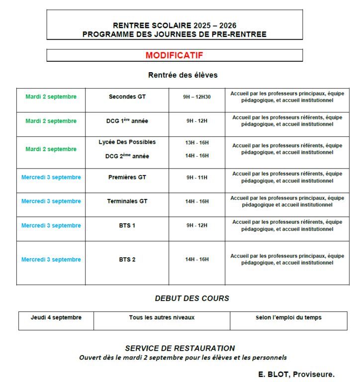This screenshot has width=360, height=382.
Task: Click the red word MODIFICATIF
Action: (x=174, y=55)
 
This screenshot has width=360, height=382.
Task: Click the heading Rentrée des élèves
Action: (x=182, y=75)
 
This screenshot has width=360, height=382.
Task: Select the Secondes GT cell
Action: (x=127, y=96)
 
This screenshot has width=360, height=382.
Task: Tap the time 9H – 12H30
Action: (x=197, y=97)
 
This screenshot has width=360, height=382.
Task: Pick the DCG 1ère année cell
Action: (x=127, y=120)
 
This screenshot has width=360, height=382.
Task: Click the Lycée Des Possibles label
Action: (x=127, y=142)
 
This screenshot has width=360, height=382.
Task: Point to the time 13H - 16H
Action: (x=197, y=143)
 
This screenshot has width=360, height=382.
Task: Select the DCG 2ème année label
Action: (x=127, y=156)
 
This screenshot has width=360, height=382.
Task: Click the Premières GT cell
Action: (x=127, y=177)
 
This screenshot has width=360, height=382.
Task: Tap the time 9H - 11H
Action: (x=197, y=178)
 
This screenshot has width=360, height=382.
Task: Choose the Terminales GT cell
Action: (x=127, y=201)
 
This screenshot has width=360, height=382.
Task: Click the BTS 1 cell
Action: (x=127, y=226)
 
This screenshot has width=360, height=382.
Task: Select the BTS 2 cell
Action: (x=127, y=260)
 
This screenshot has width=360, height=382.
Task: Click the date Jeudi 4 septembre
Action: (x=56, y=317)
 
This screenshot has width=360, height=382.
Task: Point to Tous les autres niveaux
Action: (x=162, y=317)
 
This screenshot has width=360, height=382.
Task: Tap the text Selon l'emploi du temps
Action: (x=288, y=317)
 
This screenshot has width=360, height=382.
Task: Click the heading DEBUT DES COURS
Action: (x=192, y=298)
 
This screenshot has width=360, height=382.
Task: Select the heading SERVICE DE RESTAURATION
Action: (x=180, y=348)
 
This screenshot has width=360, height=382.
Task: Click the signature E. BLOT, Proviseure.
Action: (x=296, y=374)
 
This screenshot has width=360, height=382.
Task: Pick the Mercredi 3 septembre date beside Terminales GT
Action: (x=51, y=201)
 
